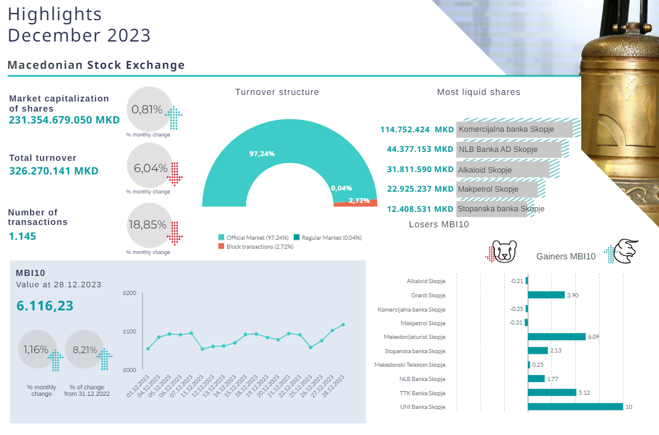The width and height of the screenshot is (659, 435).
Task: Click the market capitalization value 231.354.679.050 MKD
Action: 64,120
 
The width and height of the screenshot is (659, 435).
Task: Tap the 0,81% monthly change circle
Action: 149,110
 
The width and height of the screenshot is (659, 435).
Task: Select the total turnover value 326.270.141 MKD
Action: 53,171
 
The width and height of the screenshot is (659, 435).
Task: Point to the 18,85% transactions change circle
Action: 149,226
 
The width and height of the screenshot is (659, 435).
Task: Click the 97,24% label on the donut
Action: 262,154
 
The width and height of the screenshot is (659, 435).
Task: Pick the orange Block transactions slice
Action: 356,203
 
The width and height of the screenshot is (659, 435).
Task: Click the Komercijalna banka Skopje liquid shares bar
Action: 514,129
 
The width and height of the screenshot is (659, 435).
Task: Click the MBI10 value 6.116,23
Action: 45,306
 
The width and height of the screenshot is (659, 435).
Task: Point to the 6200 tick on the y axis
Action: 129,293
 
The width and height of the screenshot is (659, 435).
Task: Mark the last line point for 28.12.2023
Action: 343,325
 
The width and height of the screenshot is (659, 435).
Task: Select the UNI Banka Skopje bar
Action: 575,407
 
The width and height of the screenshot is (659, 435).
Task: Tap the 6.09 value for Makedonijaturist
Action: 593,337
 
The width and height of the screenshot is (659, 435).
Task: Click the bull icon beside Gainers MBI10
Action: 625,252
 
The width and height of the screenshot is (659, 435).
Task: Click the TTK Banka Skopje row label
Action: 422,393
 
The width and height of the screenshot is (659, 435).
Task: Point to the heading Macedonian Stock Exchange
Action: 96,65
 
